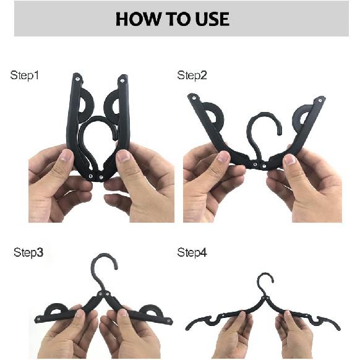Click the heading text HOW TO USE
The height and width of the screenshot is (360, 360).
[172, 19]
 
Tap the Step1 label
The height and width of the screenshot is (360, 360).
[25, 75]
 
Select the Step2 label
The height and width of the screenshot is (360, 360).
[192, 75]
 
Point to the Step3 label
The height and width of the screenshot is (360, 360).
[28, 252]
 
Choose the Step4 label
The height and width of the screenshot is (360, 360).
[192, 252]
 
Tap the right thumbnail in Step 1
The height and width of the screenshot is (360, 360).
[124, 155]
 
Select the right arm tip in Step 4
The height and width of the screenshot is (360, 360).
[338, 327]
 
